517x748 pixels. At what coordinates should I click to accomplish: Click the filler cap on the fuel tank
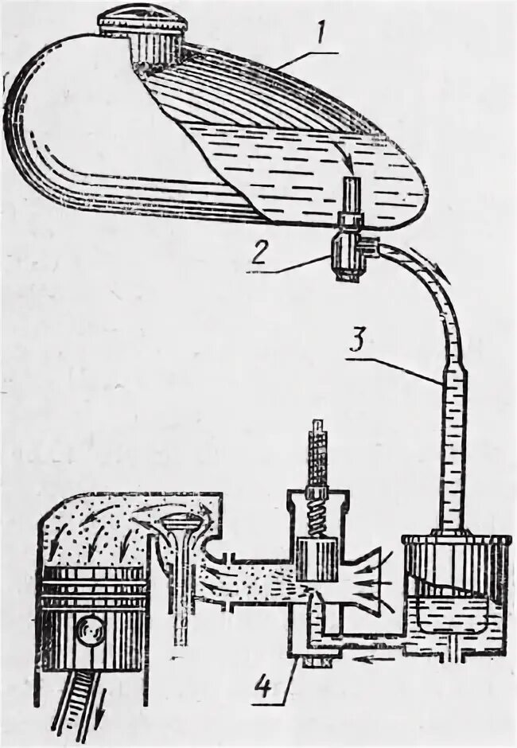142,30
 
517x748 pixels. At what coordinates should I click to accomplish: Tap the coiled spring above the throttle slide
316,508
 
